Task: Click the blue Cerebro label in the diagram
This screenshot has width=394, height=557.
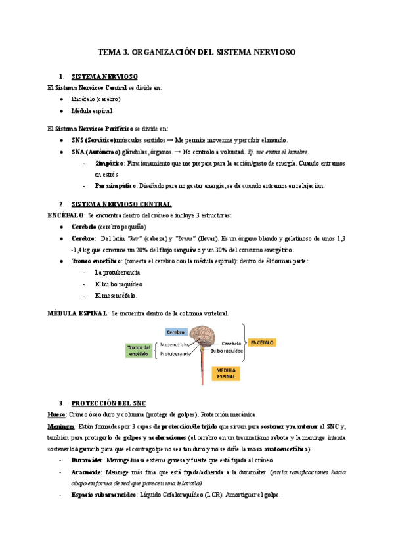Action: (175, 332)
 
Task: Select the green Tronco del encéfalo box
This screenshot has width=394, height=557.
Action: (139, 349)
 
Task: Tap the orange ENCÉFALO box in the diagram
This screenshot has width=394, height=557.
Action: (262, 343)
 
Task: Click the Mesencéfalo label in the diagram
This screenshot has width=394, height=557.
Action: (175, 344)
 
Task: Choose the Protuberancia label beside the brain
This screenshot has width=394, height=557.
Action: (175, 353)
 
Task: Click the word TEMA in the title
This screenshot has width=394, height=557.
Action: (109, 51)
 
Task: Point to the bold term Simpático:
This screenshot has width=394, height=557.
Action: (110, 162)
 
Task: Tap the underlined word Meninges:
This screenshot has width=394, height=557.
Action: (61, 426)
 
